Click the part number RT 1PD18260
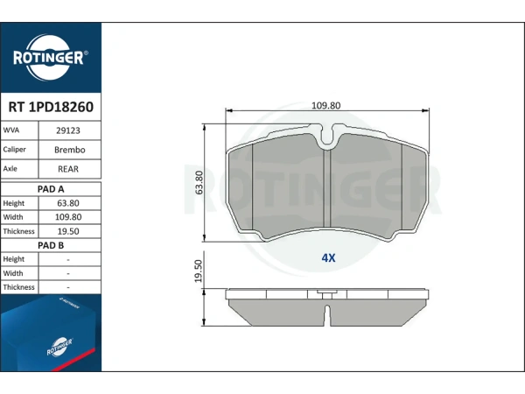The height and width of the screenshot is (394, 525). tap(51, 107)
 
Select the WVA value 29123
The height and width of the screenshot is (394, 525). tap(68, 130)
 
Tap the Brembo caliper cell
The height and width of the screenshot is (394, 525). tap(70, 150)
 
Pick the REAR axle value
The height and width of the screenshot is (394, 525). tap(68, 169)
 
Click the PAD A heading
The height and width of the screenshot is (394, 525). tap(51, 189)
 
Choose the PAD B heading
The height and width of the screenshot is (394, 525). tap(51, 245)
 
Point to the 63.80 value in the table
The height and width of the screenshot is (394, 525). tap(68, 203)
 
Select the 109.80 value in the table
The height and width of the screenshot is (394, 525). tap(68, 217)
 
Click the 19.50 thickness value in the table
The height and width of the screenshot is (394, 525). tap(68, 231)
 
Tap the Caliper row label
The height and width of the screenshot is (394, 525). tap(14, 150)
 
